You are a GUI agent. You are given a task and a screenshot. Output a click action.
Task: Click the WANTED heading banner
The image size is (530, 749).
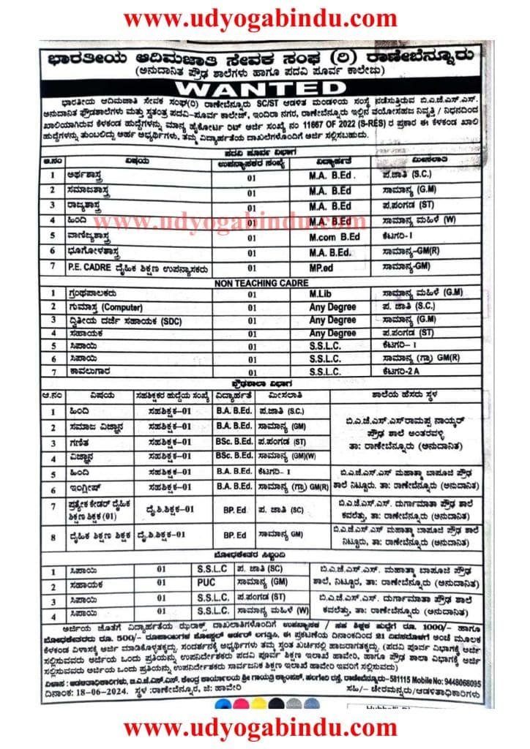click(264, 87)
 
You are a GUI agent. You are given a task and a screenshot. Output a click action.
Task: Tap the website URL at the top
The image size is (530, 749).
click(264, 18)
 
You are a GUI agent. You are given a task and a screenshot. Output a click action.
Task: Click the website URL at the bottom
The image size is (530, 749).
click(264, 729)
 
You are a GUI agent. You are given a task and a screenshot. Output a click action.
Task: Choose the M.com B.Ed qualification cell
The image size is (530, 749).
click(334, 236)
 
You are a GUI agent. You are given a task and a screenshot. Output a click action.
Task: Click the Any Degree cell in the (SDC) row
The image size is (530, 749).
click(332, 320)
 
